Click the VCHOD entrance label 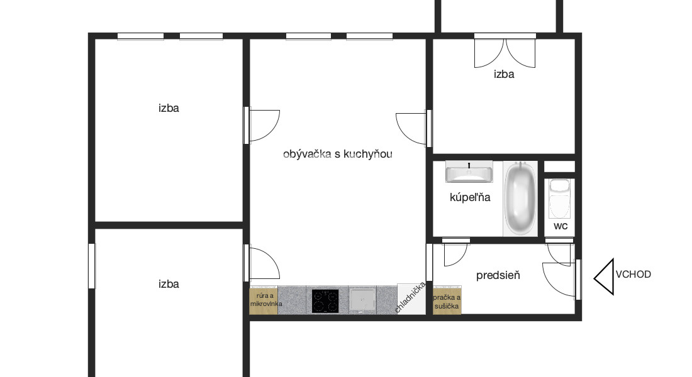click(633, 274)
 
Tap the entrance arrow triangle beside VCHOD click(604, 277)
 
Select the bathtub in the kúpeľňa click(520, 199)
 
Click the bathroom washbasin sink click(469, 172)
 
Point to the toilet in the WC click(560, 199)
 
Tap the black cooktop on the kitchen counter click(325, 301)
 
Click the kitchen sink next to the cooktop click(363, 300)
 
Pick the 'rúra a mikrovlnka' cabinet click(264, 300)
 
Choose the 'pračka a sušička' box click(447, 300)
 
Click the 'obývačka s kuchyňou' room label click(338, 154)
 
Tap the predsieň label click(498, 275)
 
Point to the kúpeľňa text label click(470, 197)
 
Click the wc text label click(561, 226)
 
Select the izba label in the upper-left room click(169, 108)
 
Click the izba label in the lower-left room click(169, 284)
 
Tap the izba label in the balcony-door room click(504, 74)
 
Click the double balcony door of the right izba click(505, 50)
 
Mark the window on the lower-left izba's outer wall click(92, 266)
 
